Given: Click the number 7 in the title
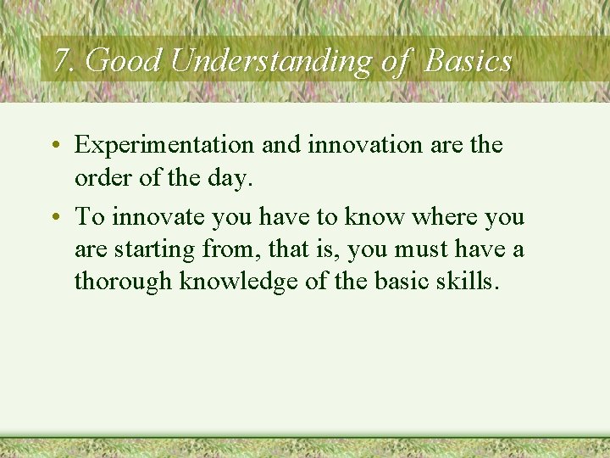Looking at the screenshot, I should pyautogui.click(x=59, y=60).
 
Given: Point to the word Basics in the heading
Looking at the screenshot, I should pyautogui.click(x=469, y=60).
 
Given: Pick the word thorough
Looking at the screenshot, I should pyautogui.click(x=124, y=281).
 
